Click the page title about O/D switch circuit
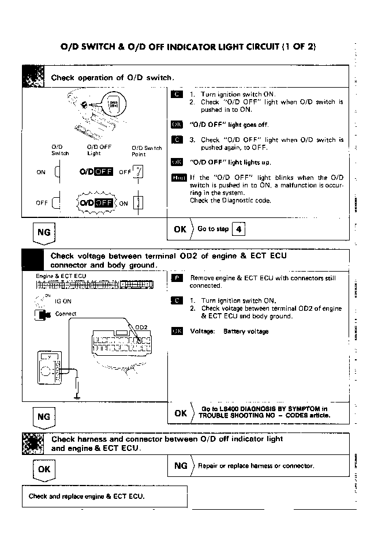click(188, 46)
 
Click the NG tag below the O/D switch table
click(43, 233)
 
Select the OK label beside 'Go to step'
click(180, 229)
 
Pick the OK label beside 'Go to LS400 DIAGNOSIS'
click(180, 413)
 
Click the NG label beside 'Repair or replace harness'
click(181, 465)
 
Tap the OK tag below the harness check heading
click(44, 469)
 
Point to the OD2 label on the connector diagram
click(141, 327)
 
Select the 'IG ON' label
click(63, 300)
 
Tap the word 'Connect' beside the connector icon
click(66, 314)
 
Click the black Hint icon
click(178, 178)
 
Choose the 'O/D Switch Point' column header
click(147, 151)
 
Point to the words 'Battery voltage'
click(245, 332)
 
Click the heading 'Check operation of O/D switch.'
click(113, 77)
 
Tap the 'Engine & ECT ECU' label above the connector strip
click(61, 276)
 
